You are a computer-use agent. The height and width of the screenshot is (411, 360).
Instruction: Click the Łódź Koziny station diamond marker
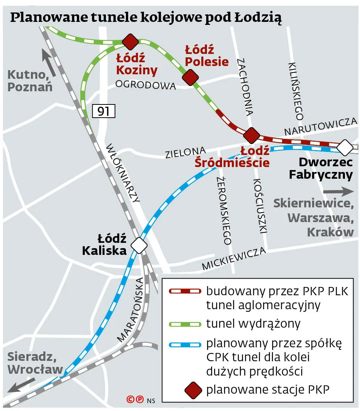(x=130, y=41)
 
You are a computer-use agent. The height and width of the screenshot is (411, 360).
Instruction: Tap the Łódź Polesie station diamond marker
(x=190, y=77)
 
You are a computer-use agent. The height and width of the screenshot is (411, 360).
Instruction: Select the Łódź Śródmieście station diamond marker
(x=252, y=135)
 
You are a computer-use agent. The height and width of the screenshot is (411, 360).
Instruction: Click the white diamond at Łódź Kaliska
(x=139, y=245)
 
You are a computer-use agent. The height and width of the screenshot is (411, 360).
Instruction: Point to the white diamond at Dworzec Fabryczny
(x=345, y=147)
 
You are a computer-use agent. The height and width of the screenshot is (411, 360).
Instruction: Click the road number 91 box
(x=103, y=111)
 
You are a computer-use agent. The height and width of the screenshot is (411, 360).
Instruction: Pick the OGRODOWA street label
(x=146, y=85)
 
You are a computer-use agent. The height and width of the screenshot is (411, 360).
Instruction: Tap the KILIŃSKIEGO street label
(x=296, y=91)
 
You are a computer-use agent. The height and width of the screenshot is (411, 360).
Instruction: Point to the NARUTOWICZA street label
(x=321, y=127)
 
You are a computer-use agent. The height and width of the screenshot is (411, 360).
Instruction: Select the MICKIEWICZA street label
(x=234, y=259)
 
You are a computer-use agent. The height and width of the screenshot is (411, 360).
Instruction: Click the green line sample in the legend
(x=185, y=324)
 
